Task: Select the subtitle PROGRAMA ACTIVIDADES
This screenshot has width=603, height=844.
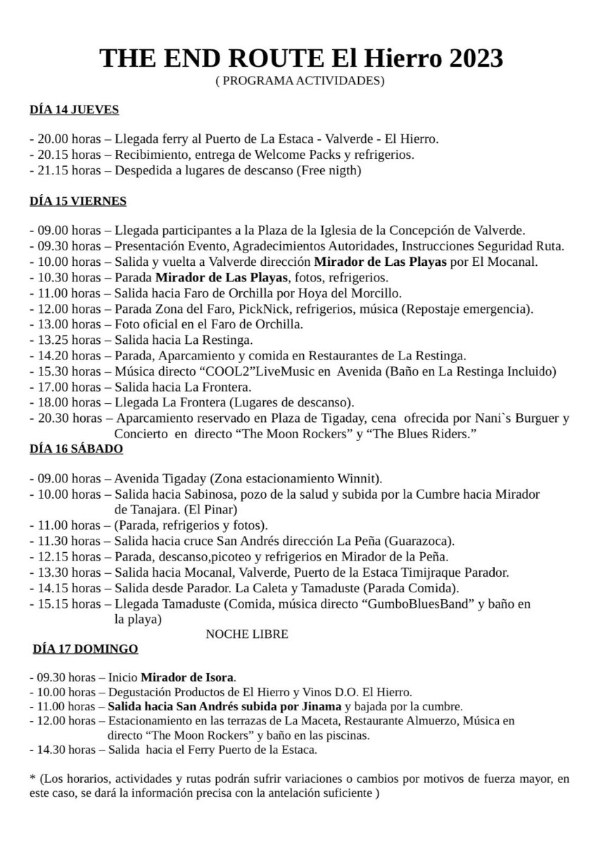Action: (300, 81)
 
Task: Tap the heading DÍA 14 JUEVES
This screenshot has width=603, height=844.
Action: (74, 110)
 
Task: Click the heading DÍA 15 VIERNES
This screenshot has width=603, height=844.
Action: (77, 201)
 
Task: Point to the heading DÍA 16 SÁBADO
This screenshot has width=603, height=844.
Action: (76, 448)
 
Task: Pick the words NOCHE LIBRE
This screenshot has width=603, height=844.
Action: (247, 634)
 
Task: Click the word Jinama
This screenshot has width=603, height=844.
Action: (321, 706)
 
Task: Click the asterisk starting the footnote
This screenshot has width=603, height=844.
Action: (32, 779)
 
